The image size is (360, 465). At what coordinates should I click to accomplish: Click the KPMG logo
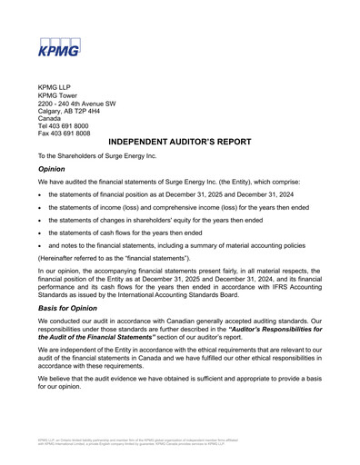click(x=59, y=47)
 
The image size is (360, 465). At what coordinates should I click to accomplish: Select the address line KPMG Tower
click(x=57, y=94)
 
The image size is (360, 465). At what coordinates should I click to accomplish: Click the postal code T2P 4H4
click(x=96, y=111)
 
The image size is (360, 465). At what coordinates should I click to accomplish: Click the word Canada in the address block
click(x=50, y=118)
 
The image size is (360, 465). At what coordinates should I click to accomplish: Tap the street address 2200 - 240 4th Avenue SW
click(x=75, y=103)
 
